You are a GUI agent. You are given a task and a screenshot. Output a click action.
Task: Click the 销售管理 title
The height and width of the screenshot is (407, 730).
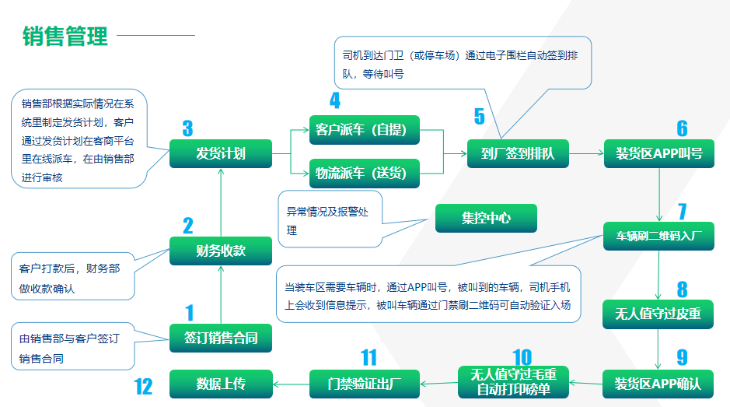click(x=65, y=36)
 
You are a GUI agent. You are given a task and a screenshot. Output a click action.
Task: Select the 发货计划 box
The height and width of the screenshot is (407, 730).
click(x=221, y=153)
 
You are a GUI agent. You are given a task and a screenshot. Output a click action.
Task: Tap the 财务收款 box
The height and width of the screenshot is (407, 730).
click(x=221, y=251)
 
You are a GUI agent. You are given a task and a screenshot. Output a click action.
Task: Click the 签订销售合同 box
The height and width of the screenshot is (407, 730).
click(x=221, y=338)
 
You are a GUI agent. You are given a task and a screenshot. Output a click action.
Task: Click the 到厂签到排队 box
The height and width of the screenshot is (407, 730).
click(x=517, y=153)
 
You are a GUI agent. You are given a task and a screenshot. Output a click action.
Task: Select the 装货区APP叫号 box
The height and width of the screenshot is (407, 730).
click(x=658, y=153)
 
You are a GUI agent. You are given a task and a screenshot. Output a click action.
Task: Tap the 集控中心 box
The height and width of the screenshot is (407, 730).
click(x=486, y=218)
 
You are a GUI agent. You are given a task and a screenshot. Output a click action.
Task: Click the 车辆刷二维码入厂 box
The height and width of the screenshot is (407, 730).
click(x=658, y=235)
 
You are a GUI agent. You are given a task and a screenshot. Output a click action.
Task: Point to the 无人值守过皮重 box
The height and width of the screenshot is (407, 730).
click(x=658, y=314)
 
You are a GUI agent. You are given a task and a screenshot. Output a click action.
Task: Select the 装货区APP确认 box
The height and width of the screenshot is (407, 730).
click(x=658, y=383)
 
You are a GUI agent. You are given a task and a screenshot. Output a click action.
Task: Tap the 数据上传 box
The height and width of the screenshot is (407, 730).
click(x=221, y=383)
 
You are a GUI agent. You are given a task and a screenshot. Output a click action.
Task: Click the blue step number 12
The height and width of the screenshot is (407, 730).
click(x=143, y=385)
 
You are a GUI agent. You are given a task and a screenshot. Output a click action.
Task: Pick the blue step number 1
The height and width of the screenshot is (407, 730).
click(x=189, y=314)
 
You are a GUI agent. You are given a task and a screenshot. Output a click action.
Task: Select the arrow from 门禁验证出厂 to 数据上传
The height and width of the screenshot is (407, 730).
click(x=291, y=383)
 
